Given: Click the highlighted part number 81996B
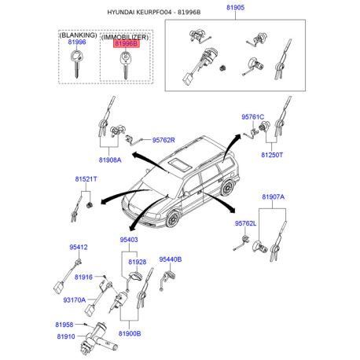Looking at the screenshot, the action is coord(126,43).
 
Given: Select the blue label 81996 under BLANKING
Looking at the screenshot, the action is coord(77,42).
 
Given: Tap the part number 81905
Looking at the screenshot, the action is coord(235,7).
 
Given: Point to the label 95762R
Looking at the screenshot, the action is coord(163,140).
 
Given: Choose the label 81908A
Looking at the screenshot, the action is coord(110,160).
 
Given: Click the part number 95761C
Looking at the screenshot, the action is coord(253,117).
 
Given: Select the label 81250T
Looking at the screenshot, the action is coord(272,155).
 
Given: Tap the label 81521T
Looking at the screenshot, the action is coord(86,179).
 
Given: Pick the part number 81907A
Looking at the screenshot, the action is coord(274,197).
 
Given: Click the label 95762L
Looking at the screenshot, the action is coord(245,223).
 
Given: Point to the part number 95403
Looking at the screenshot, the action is coord(129,240).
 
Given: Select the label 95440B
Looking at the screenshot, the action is coord(171,259).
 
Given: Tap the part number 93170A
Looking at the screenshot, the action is coord(75,299).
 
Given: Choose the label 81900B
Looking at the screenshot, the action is coord(130,333).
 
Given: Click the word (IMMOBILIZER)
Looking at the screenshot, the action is coord(125,37).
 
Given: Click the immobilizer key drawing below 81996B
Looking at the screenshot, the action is coord(125,65).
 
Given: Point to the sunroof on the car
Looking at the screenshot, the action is coord(180,164).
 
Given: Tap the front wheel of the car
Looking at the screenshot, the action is coord(173,219).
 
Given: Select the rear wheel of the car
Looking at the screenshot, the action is coord(227,187).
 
